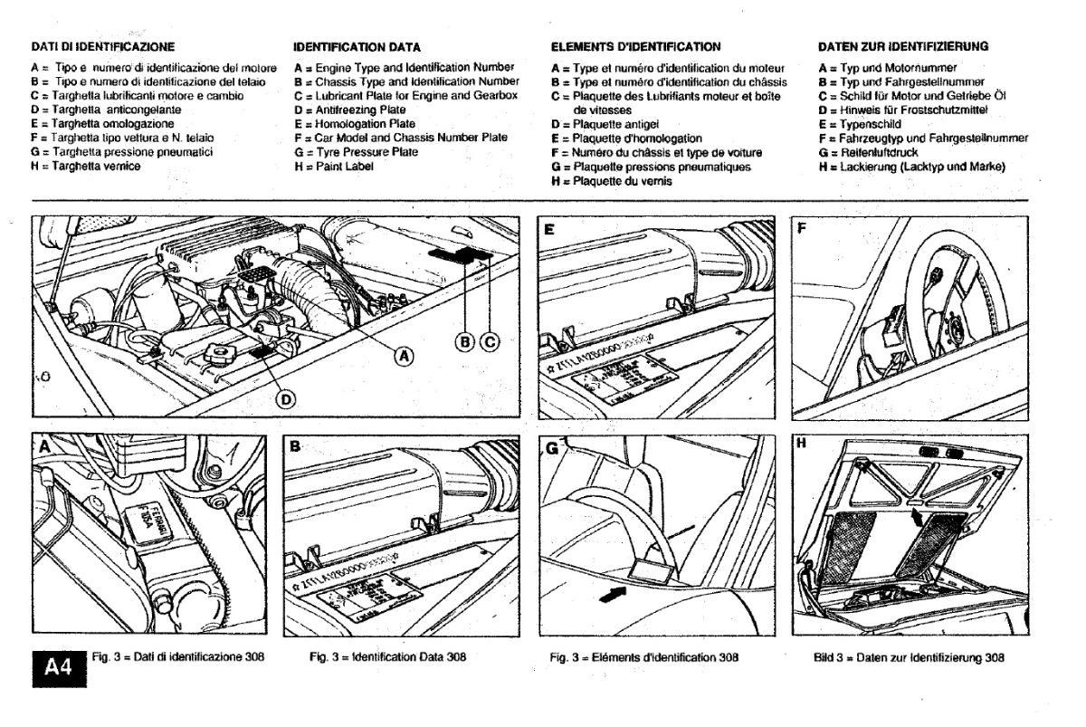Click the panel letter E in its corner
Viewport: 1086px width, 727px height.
[x=548, y=230]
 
